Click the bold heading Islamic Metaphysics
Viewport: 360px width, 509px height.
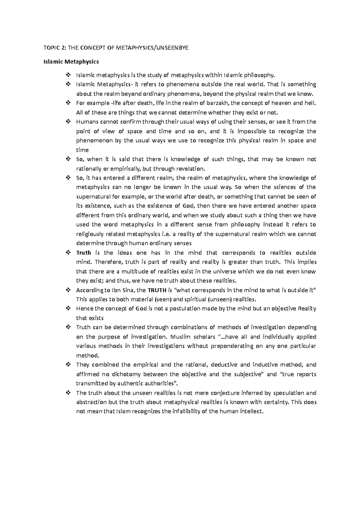click(x=71, y=62)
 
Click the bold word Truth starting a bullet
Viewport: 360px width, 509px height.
click(x=84, y=253)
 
